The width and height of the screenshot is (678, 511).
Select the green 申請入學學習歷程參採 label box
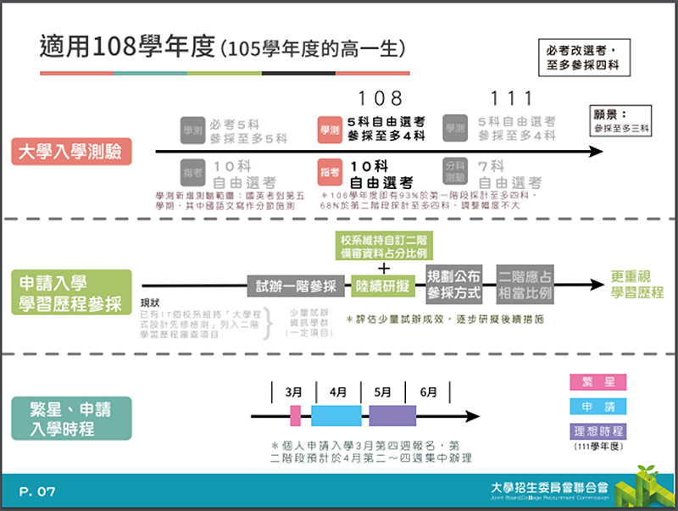pos(71,292)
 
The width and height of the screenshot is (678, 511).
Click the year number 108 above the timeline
pos(380,98)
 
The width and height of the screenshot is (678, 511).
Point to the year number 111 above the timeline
pos(513,98)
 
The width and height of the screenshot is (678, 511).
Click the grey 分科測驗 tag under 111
pos(456,172)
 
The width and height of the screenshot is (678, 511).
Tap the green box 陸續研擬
pos(382,286)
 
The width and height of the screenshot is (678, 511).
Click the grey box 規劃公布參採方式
pos(453,285)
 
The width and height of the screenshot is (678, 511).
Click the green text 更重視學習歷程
pos(637,286)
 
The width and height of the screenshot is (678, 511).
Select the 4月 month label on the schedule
pos(338,392)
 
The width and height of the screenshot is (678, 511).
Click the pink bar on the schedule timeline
pos(295,415)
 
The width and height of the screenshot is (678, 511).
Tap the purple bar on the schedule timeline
pos(392,415)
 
